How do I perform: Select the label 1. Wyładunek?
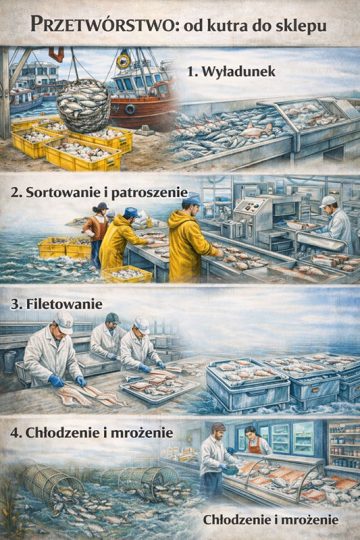tap(232, 72)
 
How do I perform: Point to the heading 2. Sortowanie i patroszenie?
tap(99, 193)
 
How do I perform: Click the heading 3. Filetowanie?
tap(56, 304)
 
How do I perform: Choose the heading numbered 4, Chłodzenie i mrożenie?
tap(92, 433)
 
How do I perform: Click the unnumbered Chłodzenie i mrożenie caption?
tap(271, 520)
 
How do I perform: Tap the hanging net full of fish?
tap(84, 105)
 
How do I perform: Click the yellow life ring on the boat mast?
tap(123, 61)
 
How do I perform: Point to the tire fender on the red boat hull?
tap(130, 109)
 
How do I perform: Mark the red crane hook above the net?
tap(56, 54)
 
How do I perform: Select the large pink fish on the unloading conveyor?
tap(256, 131)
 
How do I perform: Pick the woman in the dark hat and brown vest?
tap(96, 229)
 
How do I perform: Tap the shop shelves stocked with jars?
tap(344, 448)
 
